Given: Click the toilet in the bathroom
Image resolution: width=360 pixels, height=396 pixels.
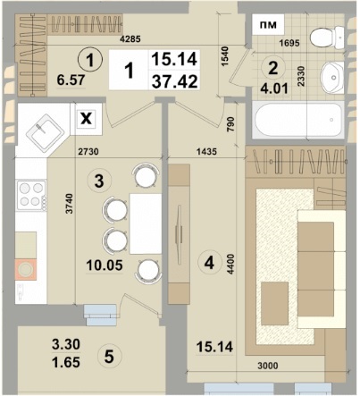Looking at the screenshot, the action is [x=327, y=38].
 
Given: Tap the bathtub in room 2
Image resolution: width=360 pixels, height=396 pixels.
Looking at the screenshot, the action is [x=298, y=120].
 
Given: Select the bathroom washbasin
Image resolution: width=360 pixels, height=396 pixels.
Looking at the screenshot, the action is [x=331, y=78].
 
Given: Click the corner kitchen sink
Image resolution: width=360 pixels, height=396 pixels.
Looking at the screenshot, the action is [x=46, y=133].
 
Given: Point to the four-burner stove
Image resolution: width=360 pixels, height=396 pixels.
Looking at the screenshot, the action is [x=31, y=196].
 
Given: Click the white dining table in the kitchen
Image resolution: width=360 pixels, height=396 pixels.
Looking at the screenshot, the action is [x=146, y=223].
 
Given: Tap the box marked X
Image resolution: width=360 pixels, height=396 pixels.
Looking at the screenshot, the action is [x=87, y=119].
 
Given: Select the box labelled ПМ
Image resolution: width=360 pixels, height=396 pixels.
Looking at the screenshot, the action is [x=268, y=25].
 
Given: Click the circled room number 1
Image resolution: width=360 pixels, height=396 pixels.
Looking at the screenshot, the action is [x=90, y=60].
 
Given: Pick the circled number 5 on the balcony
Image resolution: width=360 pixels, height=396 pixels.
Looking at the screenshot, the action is [x=109, y=356].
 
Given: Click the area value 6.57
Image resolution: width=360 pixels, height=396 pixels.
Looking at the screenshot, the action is [x=71, y=80].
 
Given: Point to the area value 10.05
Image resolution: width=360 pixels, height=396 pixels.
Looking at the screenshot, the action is [x=105, y=265].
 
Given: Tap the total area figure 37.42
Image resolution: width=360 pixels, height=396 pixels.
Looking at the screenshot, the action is [x=174, y=81].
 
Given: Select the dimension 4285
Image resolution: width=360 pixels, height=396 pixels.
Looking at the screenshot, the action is [x=130, y=38].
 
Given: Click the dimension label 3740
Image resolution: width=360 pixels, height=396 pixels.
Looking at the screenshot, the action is [x=69, y=204].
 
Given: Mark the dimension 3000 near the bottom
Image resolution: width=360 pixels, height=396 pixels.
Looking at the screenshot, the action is [x=268, y=366].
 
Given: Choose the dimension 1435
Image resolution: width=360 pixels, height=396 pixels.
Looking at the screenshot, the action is [x=206, y=152].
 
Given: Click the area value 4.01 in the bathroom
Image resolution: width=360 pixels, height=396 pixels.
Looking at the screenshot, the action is [x=274, y=88].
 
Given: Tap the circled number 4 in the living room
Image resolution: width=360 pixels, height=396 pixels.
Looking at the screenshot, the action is [x=209, y=263].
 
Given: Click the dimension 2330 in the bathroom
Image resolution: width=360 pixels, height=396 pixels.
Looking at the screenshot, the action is [x=301, y=76].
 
